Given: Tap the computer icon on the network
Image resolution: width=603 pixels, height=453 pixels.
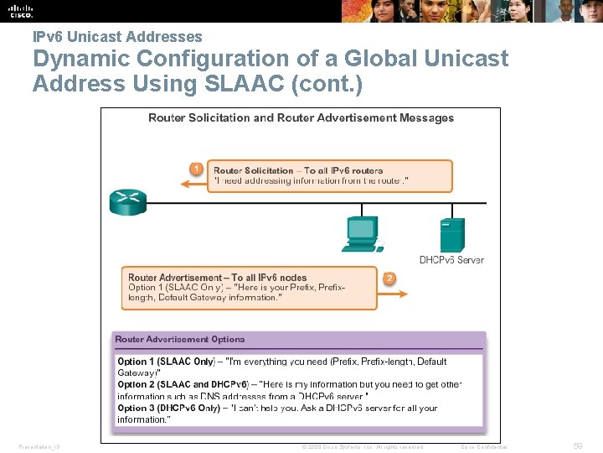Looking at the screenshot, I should tap(362, 233).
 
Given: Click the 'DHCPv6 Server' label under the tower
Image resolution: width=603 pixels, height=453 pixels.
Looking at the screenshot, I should tap(451, 260).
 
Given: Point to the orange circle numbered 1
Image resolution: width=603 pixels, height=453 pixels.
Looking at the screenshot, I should tap(195, 169).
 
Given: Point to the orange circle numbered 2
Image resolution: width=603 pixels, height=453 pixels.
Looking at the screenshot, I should tap(389, 278).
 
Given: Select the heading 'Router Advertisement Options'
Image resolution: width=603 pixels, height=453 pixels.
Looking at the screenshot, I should tap(180, 339).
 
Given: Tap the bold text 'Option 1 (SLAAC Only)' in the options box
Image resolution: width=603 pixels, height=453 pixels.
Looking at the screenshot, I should tap(165, 362).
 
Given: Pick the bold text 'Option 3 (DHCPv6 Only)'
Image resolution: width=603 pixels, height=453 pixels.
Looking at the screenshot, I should tap(168, 408).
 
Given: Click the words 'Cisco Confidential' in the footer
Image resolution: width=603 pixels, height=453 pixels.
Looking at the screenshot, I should tap(484, 446).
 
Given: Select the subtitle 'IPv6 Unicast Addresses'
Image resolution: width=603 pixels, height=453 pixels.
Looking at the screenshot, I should tap(117, 37).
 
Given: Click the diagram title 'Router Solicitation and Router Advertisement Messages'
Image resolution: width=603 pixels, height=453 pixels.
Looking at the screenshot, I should tap(301, 117).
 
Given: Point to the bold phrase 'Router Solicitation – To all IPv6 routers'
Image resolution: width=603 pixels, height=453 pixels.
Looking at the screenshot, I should tap(297, 170).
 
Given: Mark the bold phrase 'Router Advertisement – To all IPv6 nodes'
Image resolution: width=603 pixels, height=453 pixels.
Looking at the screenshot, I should tap(217, 278).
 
